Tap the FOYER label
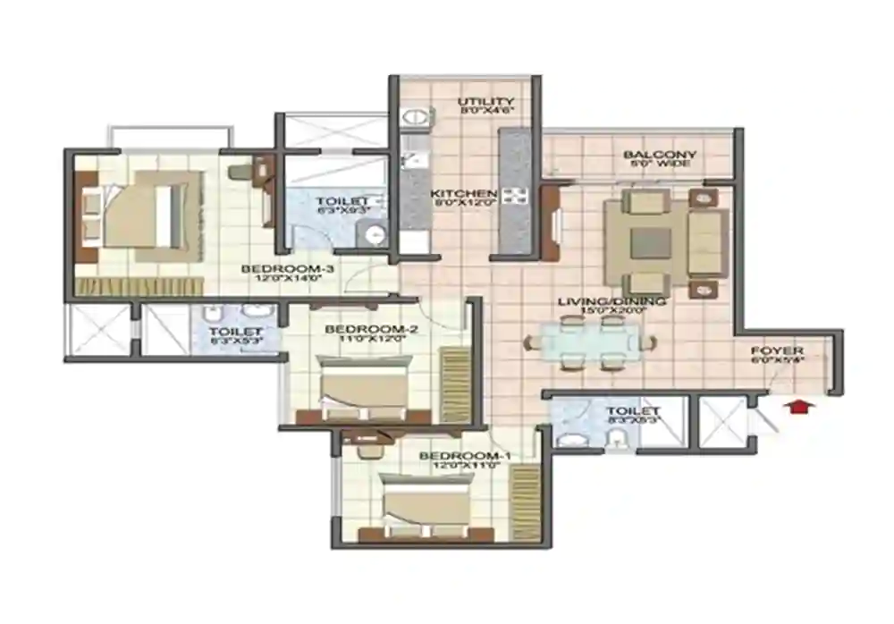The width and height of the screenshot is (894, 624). click(x=776, y=350)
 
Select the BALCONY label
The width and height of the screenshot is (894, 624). click(x=660, y=155)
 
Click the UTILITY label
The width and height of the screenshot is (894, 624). click(x=485, y=102)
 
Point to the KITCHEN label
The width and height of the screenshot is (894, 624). click(x=462, y=194)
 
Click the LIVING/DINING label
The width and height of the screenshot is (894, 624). click(x=611, y=302)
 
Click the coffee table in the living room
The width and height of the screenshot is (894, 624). click(x=651, y=241)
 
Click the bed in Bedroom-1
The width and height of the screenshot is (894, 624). click(x=426, y=504)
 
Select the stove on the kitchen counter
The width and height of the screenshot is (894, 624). click(x=516, y=197)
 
